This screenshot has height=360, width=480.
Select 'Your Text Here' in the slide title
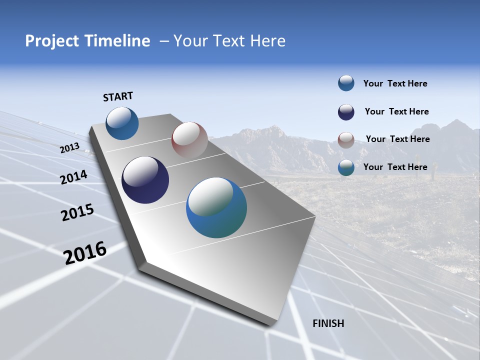(229, 41)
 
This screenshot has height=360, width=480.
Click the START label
(118, 96)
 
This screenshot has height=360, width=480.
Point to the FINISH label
(328, 323)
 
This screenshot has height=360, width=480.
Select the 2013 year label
(69, 148)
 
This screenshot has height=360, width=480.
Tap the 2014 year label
(74, 177)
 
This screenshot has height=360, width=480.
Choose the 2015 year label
(77, 212)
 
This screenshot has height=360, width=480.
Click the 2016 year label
(85, 253)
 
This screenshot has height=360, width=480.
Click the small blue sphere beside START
(122, 123)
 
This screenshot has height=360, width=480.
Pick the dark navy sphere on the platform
(145, 180)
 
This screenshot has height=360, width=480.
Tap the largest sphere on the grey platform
(216, 207)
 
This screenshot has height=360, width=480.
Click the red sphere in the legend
(346, 140)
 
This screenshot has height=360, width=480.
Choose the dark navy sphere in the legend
(346, 112)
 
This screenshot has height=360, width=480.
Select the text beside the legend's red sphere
(397, 139)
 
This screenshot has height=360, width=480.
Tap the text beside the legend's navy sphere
(396, 111)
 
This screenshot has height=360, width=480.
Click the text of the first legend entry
(395, 83)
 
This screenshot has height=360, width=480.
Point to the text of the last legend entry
(395, 167)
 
